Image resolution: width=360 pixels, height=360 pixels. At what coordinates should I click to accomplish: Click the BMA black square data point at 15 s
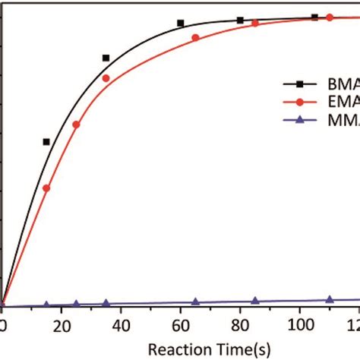point(46,142)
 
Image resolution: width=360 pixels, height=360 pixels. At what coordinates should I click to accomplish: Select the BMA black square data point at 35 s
point(106,58)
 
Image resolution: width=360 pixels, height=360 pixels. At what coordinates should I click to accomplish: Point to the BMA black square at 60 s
point(181,24)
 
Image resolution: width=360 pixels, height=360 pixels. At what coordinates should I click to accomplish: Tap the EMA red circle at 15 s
point(46,188)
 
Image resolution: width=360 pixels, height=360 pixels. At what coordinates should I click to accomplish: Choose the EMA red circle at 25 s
point(76,124)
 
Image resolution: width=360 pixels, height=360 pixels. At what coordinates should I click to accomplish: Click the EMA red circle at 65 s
point(195,37)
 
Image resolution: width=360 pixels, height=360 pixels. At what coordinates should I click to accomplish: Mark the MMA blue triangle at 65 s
point(195,302)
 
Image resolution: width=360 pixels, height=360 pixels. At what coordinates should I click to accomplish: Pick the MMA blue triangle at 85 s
point(254,300)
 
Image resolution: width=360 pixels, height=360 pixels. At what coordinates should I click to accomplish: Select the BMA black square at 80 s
point(240,21)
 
